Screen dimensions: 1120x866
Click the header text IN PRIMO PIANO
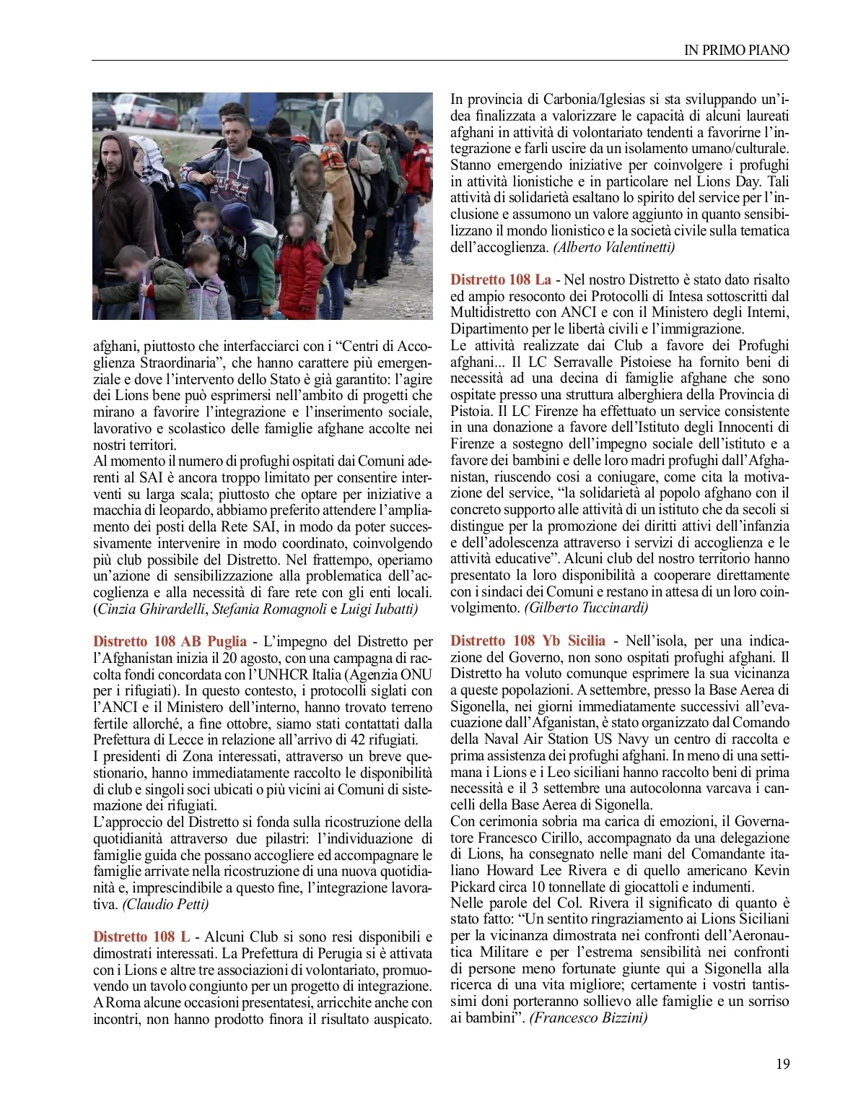point(736,50)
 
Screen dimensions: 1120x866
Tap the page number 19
point(782,1064)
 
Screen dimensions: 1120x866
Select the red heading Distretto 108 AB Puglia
point(170,641)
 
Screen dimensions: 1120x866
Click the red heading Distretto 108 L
point(141,937)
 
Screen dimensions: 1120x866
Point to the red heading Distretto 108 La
point(500,279)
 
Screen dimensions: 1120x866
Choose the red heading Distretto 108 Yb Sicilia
point(528,641)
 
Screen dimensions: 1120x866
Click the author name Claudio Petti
point(166,904)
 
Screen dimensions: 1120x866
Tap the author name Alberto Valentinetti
point(614,247)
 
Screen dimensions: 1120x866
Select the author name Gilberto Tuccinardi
point(586,607)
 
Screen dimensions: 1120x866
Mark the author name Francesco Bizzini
point(588,1017)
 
